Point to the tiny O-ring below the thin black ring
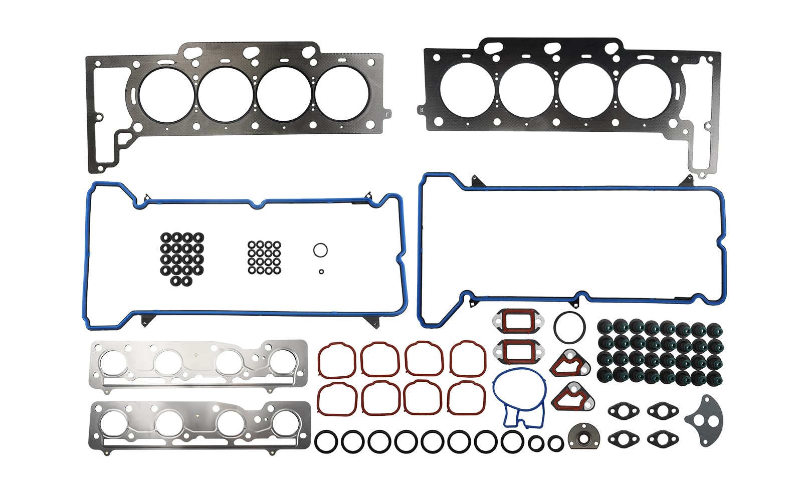(x=321, y=272)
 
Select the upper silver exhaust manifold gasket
(x=199, y=364)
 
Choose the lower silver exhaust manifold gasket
(x=199, y=426)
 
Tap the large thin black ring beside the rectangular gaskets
(x=569, y=328)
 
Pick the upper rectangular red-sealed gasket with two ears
(x=516, y=321)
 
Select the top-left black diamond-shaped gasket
(x=624, y=411)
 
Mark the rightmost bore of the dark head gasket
(x=644, y=91)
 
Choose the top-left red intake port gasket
(x=336, y=359)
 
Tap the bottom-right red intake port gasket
(x=467, y=398)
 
